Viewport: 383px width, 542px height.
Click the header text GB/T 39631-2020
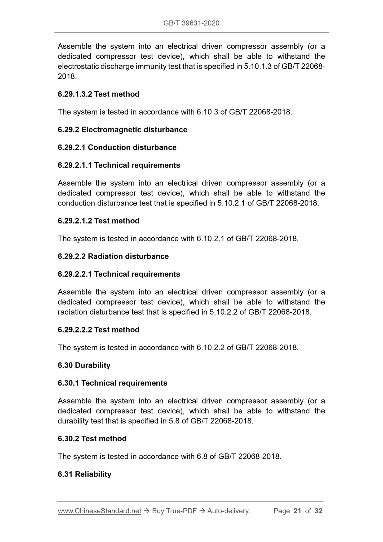[x=191, y=23]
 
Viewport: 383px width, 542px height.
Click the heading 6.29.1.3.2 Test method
[x=98, y=94]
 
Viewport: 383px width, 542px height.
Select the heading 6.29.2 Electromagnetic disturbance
[x=122, y=130]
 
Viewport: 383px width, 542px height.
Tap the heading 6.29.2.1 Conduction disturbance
[x=117, y=147]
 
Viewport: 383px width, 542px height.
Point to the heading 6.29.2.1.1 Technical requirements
[x=119, y=165]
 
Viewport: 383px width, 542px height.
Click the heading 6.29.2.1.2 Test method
[x=98, y=221]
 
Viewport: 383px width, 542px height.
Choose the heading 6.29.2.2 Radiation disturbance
[x=113, y=256]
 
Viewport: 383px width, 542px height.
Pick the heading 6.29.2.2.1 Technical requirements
[x=119, y=274]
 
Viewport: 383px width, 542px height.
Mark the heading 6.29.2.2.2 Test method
[x=98, y=330]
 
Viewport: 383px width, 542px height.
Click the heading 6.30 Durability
[x=84, y=365]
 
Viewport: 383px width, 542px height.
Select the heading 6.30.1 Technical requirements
[x=112, y=383]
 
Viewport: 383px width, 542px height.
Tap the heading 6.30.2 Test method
[x=92, y=439]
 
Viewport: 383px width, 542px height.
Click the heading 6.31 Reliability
[x=84, y=474]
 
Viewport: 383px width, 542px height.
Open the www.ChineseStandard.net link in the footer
[x=99, y=511]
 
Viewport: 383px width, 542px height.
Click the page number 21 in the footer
[x=297, y=511]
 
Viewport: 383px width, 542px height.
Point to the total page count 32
[x=318, y=511]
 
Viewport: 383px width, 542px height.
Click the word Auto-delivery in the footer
[x=228, y=511]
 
